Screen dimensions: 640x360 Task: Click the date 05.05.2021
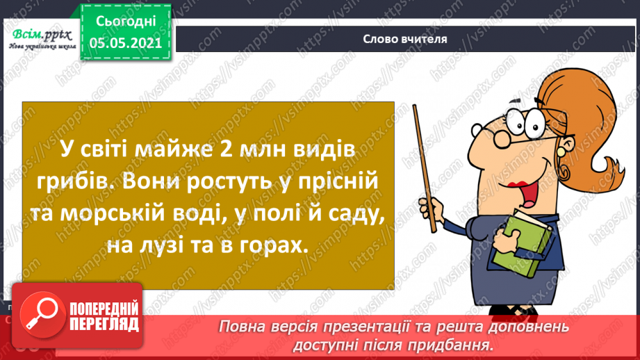pos(126,42)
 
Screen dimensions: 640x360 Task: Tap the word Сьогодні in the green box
pos(126,22)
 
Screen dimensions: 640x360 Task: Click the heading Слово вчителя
pos(405,39)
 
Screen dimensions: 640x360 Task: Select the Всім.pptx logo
pos(42,39)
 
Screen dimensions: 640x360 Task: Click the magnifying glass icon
pos(42,314)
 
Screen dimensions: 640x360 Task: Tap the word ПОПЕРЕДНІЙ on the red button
pos(104,309)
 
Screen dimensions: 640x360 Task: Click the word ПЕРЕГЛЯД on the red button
pos(104,325)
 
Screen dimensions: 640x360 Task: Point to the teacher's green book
pos(523,244)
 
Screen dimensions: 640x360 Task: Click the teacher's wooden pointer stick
pos(425,168)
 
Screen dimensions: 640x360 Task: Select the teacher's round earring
pos(561,152)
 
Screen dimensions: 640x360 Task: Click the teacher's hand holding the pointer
pos(432,209)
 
